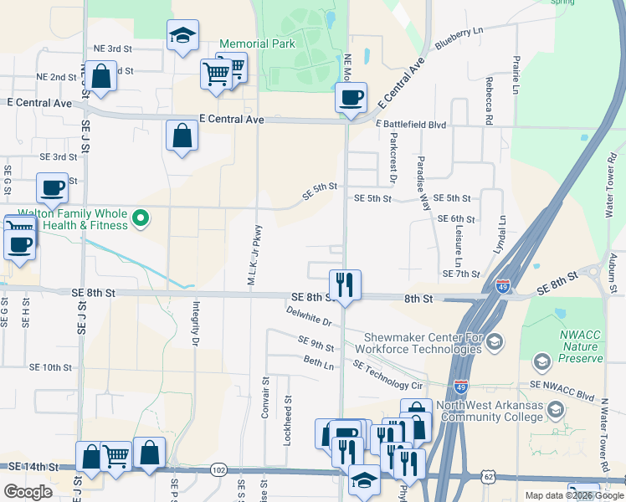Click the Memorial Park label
coord(257,44)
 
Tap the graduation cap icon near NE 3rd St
coord(182,36)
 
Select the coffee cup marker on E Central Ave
coord(351,96)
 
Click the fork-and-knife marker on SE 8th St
coord(344,284)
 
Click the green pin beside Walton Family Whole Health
coord(141,219)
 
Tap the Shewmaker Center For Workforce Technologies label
coord(419,343)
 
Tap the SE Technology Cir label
coord(388,375)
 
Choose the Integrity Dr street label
coord(196,324)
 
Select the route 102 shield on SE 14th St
coord(218,470)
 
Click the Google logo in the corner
coord(28,491)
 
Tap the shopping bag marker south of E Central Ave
coord(182,135)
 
